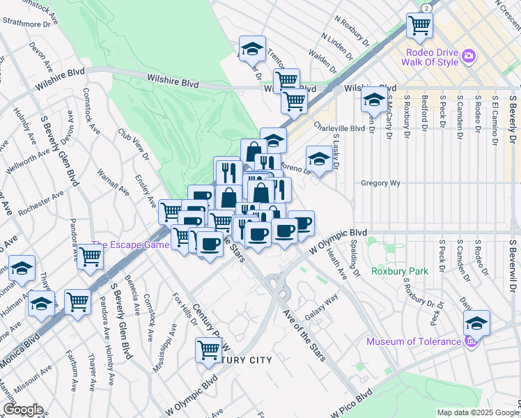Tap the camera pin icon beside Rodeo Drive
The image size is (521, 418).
(x=469, y=54)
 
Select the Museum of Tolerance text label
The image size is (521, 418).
(x=414, y=341)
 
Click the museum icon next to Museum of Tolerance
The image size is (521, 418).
(x=469, y=341)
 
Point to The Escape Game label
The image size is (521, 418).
(x=130, y=245)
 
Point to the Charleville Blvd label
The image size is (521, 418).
(x=339, y=128)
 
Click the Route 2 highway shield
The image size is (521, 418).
(x=425, y=7)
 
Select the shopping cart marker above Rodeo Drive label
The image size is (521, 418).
(x=419, y=26)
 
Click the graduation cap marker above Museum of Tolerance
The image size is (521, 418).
(x=477, y=323)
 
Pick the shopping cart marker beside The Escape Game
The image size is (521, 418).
(x=91, y=257)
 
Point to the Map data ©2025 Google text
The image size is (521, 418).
(x=477, y=412)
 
